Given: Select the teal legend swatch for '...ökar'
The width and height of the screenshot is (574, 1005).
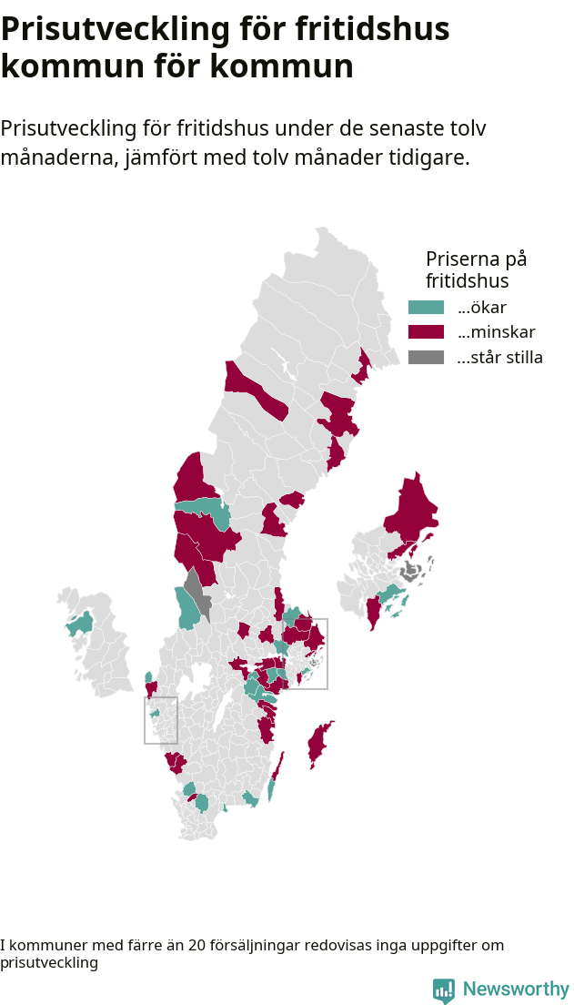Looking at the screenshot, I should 426,308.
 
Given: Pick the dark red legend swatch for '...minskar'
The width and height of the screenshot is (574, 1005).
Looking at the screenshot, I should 426,332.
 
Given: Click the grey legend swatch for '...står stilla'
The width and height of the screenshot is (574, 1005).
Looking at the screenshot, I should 426,357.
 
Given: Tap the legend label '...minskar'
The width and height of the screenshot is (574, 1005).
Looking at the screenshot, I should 497,332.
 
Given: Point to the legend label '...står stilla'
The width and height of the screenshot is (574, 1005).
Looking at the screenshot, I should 499,357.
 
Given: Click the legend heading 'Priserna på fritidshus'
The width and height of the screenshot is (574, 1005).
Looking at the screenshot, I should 476,269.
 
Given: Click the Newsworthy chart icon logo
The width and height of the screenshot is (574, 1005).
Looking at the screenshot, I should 443,990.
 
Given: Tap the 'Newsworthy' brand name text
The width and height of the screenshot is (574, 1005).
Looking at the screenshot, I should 516,990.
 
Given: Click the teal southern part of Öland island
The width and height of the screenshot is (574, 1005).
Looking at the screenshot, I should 271,789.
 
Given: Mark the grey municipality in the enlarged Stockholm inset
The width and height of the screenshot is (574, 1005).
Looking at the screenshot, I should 410,572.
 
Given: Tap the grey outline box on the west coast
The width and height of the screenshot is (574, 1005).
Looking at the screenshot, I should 160,720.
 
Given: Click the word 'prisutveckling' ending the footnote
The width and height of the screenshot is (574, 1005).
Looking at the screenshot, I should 49,962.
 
